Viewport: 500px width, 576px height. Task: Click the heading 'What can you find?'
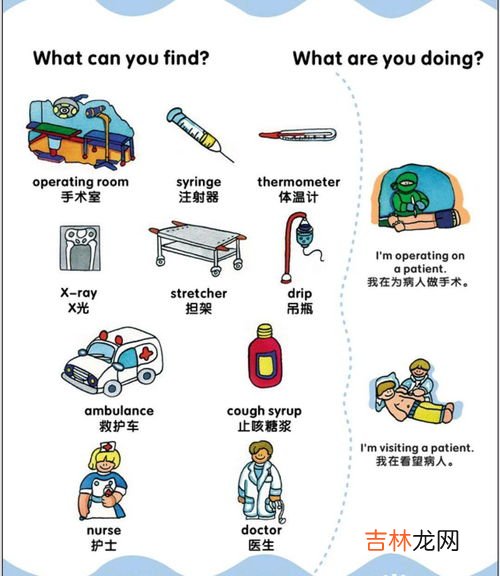pos(121,58)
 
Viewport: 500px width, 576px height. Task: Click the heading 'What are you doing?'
pos(387,58)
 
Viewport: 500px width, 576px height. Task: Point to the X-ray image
pos(79,248)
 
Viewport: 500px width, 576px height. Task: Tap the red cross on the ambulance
pos(146,354)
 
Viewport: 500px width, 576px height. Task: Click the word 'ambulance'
pos(119,410)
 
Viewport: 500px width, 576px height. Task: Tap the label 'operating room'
pos(80,182)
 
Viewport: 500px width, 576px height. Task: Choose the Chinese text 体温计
pos(298,197)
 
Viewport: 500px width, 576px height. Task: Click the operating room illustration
pos(80,135)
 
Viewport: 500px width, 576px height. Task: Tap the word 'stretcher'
pos(199,293)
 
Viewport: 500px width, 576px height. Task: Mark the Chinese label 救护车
pos(119,425)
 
